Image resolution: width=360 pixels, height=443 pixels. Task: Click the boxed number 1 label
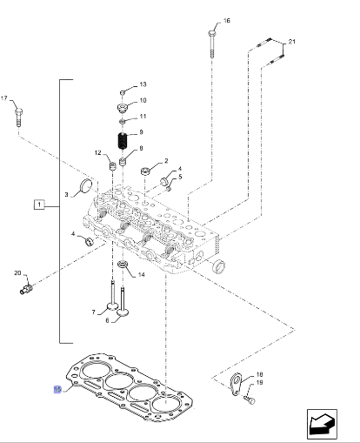(x=39, y=205)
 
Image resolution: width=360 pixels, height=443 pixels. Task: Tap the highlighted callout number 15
(x=57, y=389)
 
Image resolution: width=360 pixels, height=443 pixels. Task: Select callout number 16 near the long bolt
(x=227, y=21)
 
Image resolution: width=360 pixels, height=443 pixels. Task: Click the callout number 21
(x=291, y=42)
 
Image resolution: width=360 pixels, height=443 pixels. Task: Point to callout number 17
(x=3, y=98)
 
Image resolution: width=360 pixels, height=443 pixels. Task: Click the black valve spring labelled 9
(x=123, y=141)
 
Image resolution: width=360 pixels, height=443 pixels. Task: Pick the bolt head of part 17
(x=18, y=111)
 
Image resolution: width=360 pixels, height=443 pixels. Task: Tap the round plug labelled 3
(x=85, y=186)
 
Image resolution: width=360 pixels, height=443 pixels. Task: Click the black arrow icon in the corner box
(x=322, y=424)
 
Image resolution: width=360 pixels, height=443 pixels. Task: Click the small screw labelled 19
(x=250, y=399)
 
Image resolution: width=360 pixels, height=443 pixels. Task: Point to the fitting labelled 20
(x=26, y=289)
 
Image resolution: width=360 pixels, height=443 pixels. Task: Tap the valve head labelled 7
(x=112, y=305)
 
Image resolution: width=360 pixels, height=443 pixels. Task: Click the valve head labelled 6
(x=123, y=312)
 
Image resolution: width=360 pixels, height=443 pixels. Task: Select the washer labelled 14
(x=123, y=264)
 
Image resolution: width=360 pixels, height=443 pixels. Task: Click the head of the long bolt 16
(x=212, y=32)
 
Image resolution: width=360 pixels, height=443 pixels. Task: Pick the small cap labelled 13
(x=123, y=92)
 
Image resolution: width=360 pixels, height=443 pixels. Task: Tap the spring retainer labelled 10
(x=123, y=108)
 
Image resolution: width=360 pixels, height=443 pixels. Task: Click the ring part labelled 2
(x=145, y=171)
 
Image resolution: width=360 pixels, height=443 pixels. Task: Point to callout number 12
(x=98, y=152)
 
